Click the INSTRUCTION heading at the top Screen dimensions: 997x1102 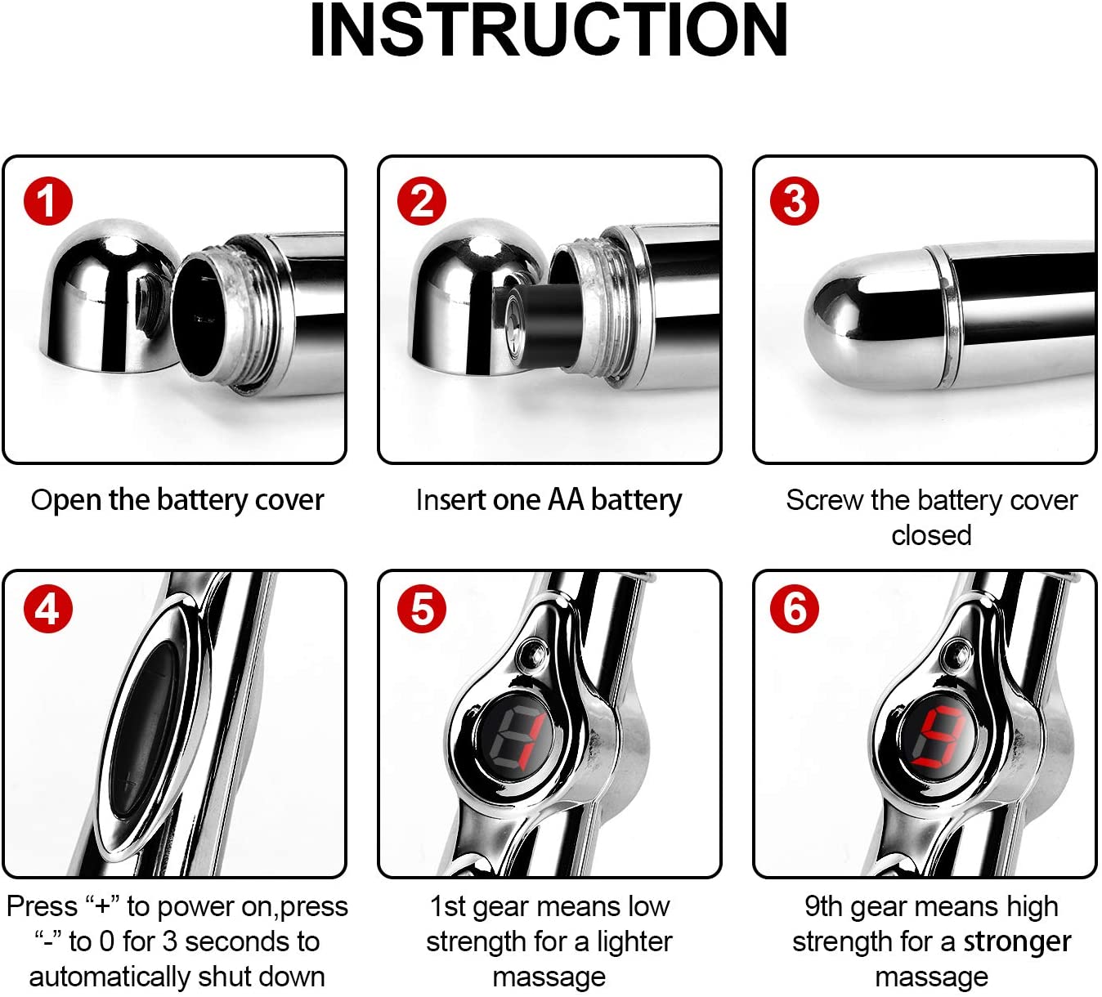(549, 31)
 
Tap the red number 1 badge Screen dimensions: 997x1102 (47, 201)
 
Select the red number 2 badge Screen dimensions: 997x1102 (422, 201)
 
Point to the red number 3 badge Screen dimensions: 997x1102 (795, 201)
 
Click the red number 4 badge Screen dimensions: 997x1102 (47, 609)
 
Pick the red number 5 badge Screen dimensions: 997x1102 (422, 609)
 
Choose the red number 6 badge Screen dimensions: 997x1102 (795, 609)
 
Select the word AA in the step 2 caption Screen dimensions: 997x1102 (566, 499)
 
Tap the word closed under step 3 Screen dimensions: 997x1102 (931, 535)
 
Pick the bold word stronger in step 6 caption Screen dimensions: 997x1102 (1017, 941)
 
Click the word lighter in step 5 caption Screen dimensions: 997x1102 (634, 941)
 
